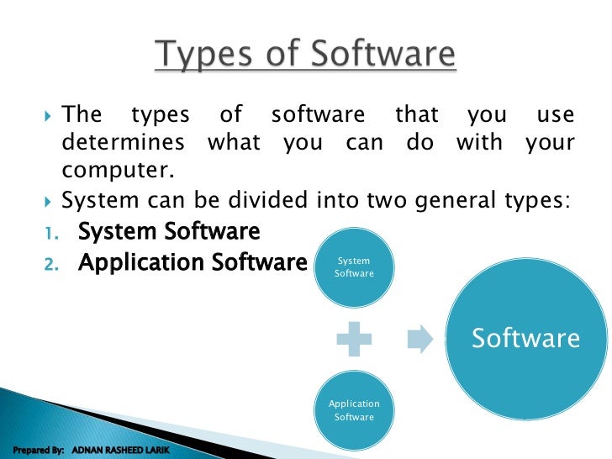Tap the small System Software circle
click(x=354, y=267)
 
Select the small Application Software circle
click(x=354, y=410)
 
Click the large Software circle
click(x=525, y=338)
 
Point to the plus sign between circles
click(x=354, y=339)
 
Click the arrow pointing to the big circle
click(x=419, y=339)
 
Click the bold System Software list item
click(x=169, y=230)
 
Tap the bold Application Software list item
click(x=192, y=262)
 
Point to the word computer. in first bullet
click(x=118, y=171)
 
